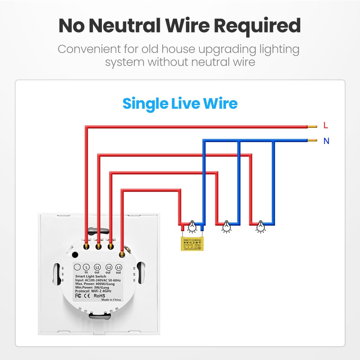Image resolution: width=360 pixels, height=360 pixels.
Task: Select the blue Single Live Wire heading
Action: click(180, 104)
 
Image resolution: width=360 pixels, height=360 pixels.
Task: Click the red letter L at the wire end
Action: click(326, 126)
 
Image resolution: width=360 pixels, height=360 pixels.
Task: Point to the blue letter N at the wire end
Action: click(326, 141)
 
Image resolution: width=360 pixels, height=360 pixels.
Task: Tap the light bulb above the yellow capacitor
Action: click(192, 226)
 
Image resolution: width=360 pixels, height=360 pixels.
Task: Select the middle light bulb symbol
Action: click(226, 226)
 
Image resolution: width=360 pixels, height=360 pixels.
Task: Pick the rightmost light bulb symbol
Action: click(259, 226)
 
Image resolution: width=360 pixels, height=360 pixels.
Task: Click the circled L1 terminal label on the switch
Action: click(97, 267)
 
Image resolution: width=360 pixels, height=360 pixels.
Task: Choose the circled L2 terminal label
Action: click(108, 267)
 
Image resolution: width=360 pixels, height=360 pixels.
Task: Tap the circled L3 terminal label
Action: click(119, 267)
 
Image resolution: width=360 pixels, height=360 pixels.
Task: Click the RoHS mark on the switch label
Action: click(99, 296)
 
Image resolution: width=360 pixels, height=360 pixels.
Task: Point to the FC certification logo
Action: click(77, 296)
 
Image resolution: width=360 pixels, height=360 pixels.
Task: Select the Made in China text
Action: click(111, 300)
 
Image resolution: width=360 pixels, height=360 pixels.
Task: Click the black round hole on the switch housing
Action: click(75, 255)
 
